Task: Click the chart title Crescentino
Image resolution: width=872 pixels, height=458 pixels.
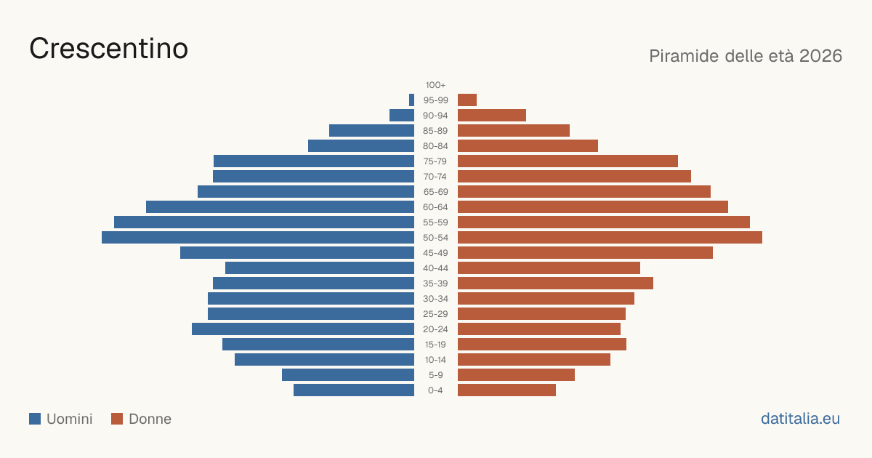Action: pos(108,49)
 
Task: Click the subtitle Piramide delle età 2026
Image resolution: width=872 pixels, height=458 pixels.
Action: pos(746,56)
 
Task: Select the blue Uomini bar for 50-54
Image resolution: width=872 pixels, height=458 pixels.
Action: pos(258,238)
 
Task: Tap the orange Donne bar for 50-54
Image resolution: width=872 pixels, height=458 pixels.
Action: pos(610,238)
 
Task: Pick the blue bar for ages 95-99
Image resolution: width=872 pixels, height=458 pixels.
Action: pos(411,100)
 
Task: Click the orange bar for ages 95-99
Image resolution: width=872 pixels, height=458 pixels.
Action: pos(467,100)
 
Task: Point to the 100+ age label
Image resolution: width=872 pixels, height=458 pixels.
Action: pos(435,85)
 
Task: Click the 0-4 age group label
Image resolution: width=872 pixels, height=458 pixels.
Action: pos(435,390)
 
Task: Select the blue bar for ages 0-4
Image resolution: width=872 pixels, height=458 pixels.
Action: pos(354,390)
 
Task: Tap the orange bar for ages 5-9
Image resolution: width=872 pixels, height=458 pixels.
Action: pos(516,375)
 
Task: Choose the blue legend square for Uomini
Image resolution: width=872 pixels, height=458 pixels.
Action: pos(35,419)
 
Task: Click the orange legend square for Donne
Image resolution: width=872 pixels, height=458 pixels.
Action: pos(117,419)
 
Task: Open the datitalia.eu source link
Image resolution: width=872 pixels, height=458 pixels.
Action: pos(800,419)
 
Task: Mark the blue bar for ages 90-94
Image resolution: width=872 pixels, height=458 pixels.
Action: pos(402,116)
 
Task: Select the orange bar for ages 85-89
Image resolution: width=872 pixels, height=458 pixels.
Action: pos(514,130)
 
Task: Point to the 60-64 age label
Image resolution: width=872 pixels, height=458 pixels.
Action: pos(435,207)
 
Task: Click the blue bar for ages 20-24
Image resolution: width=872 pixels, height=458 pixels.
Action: pos(303,329)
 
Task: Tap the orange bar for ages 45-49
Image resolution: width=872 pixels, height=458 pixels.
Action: pos(585,253)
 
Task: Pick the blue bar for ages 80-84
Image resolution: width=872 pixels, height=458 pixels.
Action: pos(361,146)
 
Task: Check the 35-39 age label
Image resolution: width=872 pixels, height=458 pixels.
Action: pos(435,284)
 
